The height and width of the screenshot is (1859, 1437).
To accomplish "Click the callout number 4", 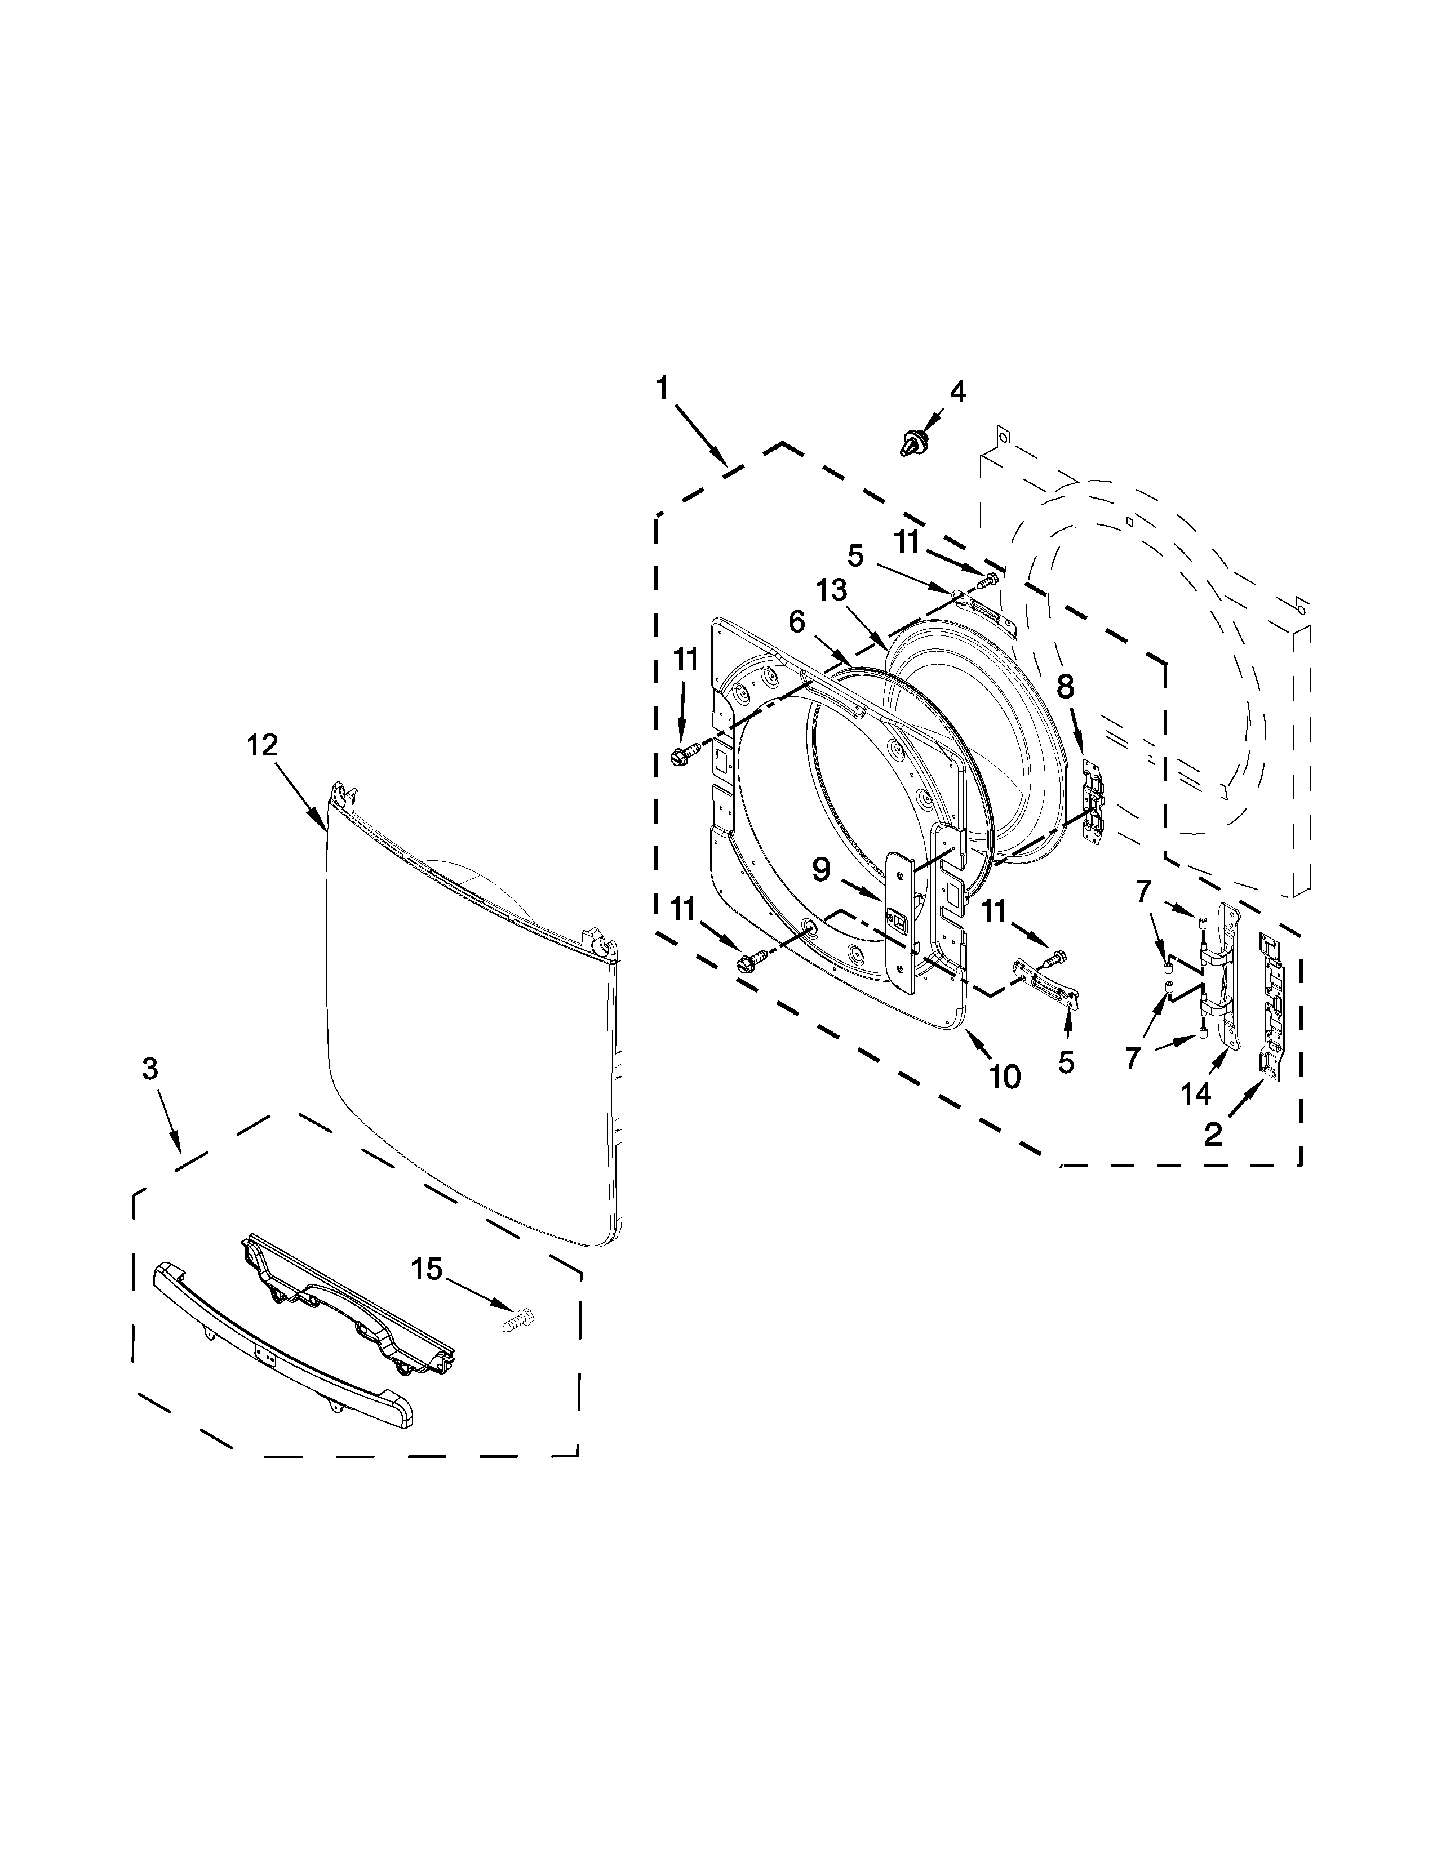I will [x=957, y=392].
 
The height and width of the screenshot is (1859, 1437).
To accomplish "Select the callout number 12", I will [x=262, y=746].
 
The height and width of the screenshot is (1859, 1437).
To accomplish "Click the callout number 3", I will [x=150, y=1070].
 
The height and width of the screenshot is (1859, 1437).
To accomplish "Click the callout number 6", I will [x=796, y=622].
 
